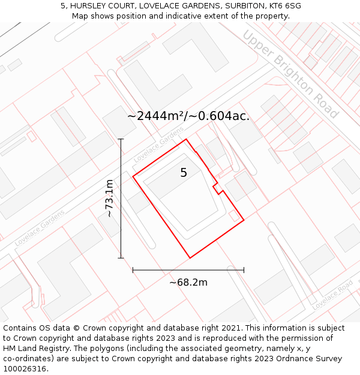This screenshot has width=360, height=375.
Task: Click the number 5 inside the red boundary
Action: [184, 173]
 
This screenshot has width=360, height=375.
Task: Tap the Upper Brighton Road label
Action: [290, 74]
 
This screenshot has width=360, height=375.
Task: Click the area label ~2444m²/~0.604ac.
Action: [188, 116]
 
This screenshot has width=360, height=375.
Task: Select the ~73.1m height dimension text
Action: [109, 198]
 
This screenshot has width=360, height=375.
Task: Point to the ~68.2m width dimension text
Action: [188, 282]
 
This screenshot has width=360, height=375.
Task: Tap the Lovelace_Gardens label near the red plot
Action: [158, 145]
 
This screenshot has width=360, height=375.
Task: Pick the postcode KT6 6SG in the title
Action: [284, 6]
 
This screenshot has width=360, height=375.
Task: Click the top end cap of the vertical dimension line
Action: [121, 139]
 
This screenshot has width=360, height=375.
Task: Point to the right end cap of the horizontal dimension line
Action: [244, 270]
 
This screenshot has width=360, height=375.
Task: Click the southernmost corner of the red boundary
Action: [190, 258]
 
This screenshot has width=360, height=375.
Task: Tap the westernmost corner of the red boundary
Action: [133, 176]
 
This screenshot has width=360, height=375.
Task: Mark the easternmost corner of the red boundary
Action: [244, 220]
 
